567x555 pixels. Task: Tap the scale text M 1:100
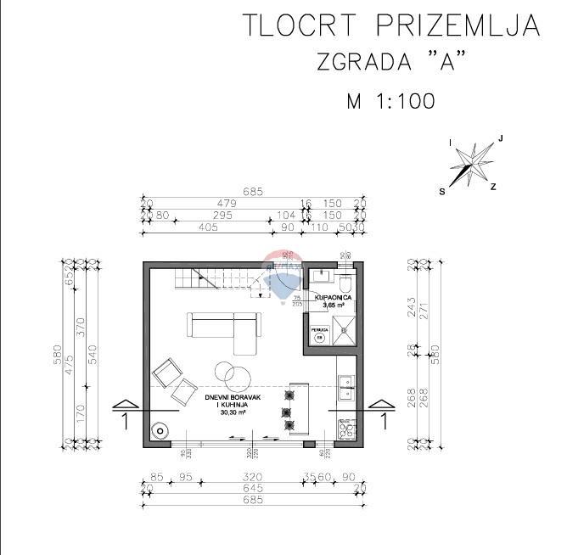pos(391,101)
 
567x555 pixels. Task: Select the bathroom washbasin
pos(321,277)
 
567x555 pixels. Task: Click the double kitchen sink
pos(346,388)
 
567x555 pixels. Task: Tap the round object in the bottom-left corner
pos(159,430)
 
